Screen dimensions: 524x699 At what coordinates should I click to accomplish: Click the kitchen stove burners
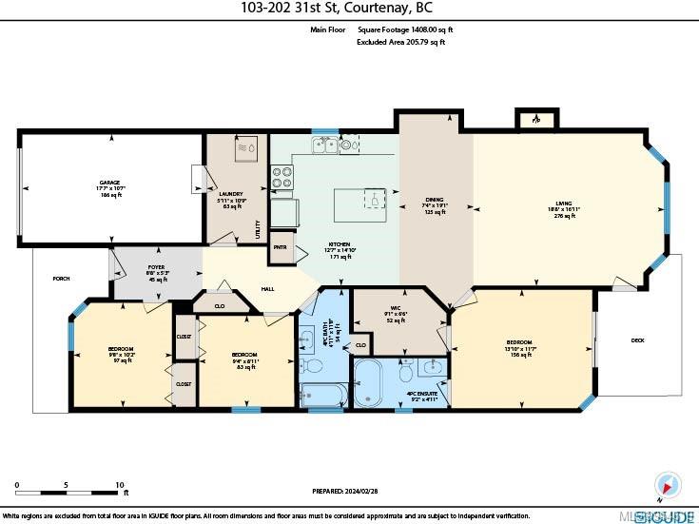click(x=282, y=177)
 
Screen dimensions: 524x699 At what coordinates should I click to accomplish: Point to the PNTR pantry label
click(x=281, y=247)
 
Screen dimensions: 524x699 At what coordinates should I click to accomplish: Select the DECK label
click(x=638, y=340)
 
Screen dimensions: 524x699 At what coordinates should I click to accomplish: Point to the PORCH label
click(x=61, y=278)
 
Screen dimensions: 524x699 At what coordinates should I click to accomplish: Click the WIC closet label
click(x=396, y=315)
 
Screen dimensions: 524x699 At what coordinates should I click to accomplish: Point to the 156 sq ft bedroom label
click(x=518, y=347)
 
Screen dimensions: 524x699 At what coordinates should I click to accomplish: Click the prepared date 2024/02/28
click(x=349, y=491)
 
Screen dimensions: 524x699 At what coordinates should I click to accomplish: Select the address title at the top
click(x=348, y=9)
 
